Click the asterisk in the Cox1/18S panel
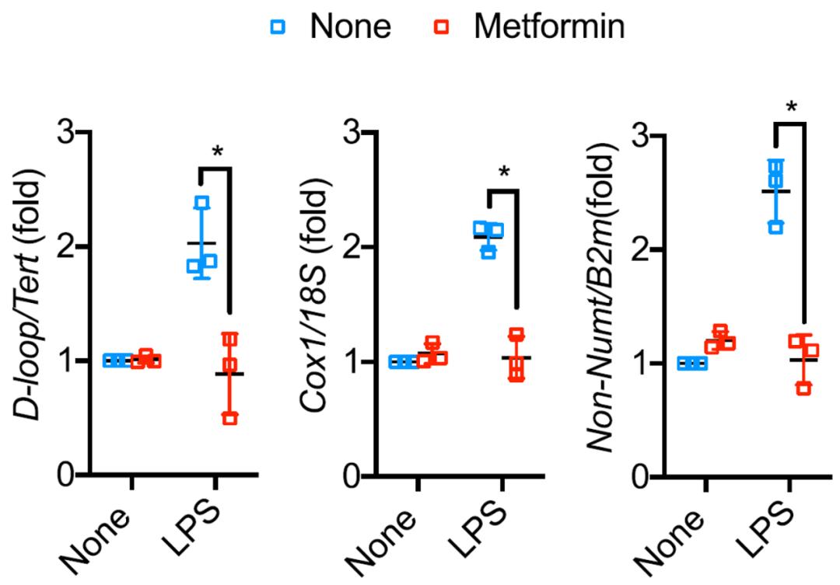(504, 170)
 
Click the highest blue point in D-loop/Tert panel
(203, 204)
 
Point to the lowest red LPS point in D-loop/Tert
(230, 418)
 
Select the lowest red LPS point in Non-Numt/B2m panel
(804, 388)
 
